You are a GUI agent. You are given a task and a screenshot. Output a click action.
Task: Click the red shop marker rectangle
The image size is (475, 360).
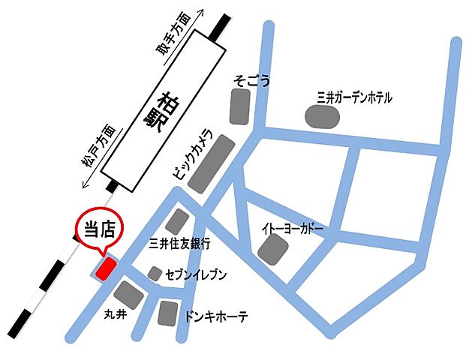pyautogui.click(x=104, y=268)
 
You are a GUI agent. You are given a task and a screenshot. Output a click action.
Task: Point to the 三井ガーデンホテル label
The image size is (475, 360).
pyautogui.click(x=354, y=97)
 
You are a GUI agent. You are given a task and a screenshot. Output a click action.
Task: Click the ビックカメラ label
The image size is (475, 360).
pyautogui.click(x=193, y=154)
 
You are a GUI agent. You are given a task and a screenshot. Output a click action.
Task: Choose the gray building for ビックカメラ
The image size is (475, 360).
pyautogui.click(x=212, y=163)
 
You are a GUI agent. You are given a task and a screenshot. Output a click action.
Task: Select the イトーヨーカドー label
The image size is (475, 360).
pyautogui.click(x=293, y=226)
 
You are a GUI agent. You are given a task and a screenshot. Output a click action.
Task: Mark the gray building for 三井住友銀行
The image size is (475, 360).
pyautogui.click(x=178, y=221)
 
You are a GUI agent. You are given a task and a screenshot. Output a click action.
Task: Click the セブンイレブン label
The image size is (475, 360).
pyautogui.click(x=196, y=275)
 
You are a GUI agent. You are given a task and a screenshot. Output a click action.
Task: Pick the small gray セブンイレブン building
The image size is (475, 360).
pyautogui.click(x=155, y=274)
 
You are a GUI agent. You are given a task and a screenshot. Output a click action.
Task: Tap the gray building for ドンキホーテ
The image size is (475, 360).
pyautogui.click(x=167, y=313)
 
